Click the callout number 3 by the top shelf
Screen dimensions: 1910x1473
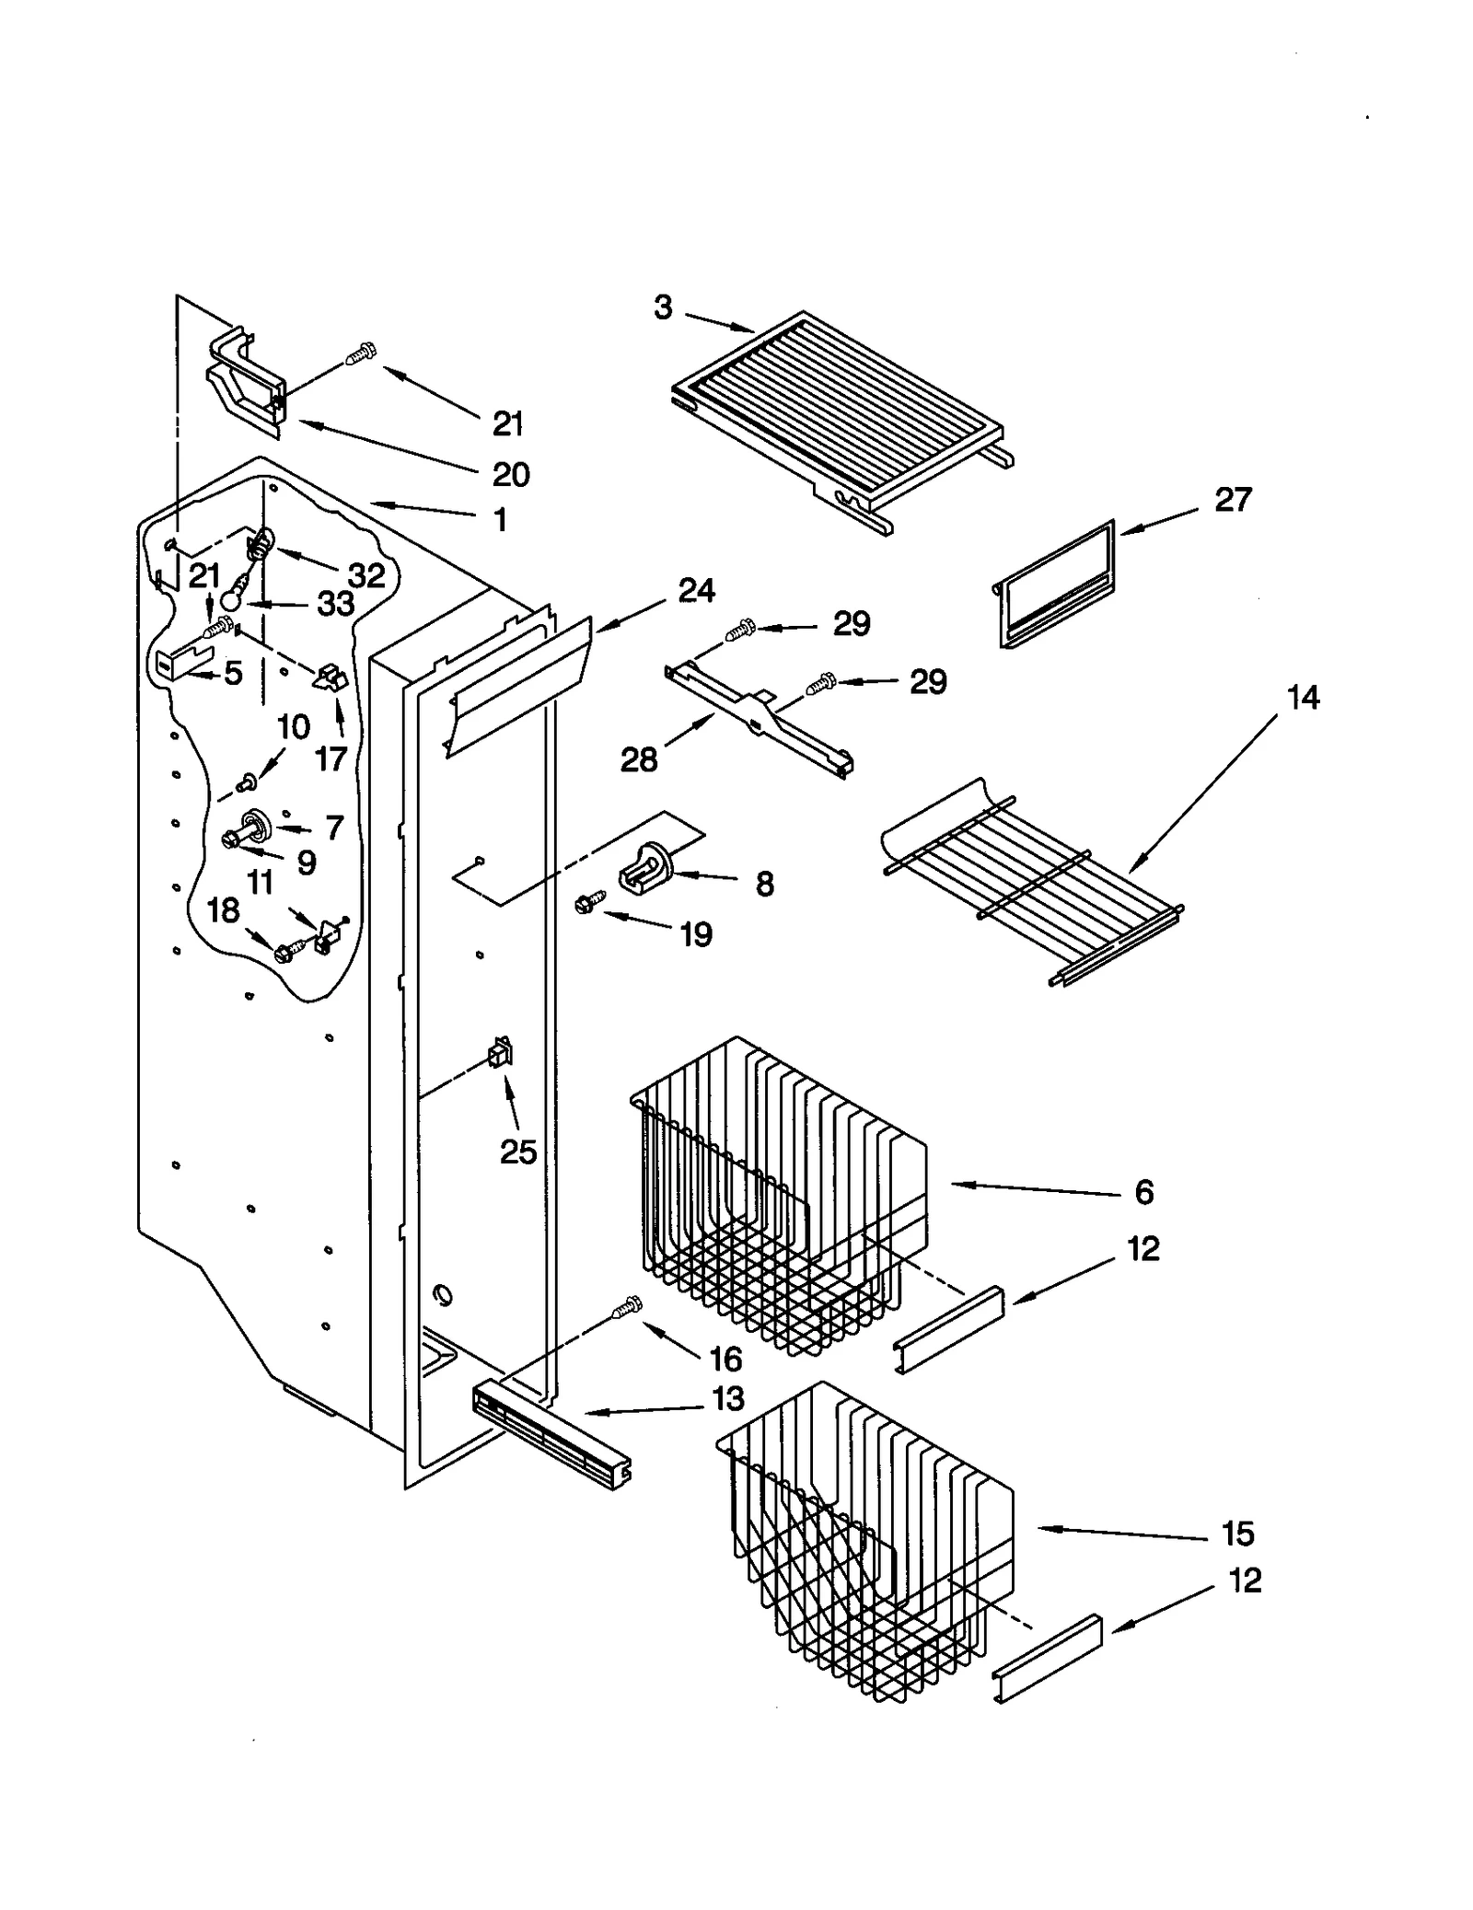coord(663,307)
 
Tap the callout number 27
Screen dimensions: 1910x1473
coord(1233,500)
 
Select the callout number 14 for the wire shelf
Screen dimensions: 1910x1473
coord(1303,698)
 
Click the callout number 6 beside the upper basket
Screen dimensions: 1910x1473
coord(1143,1192)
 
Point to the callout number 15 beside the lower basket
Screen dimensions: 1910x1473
coord(1237,1534)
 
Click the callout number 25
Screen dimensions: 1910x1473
coord(517,1151)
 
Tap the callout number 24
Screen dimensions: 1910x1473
coord(696,590)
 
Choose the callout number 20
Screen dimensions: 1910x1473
coord(511,474)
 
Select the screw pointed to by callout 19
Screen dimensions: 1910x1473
coord(590,902)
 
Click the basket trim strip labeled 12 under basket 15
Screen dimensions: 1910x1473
coord(1047,1659)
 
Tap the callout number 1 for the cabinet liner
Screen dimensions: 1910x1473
coord(500,520)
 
